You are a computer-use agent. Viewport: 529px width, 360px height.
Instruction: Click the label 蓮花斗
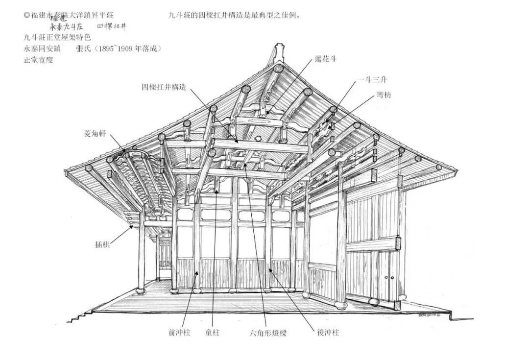coord(326,59)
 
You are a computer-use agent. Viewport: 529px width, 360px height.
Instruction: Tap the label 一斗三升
coord(372,80)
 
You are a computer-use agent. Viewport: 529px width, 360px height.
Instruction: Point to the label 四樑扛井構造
coord(164,87)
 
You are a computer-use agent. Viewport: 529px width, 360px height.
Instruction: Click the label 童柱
coord(213,333)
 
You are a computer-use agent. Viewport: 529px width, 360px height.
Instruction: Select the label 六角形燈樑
coord(268,333)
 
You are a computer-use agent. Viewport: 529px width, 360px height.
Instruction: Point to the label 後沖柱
coord(328,333)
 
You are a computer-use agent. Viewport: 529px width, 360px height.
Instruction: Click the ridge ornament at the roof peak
coord(279,53)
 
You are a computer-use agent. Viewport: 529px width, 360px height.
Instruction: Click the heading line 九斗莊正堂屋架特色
coord(57,37)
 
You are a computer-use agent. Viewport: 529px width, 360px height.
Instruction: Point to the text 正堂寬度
coord(38,60)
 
